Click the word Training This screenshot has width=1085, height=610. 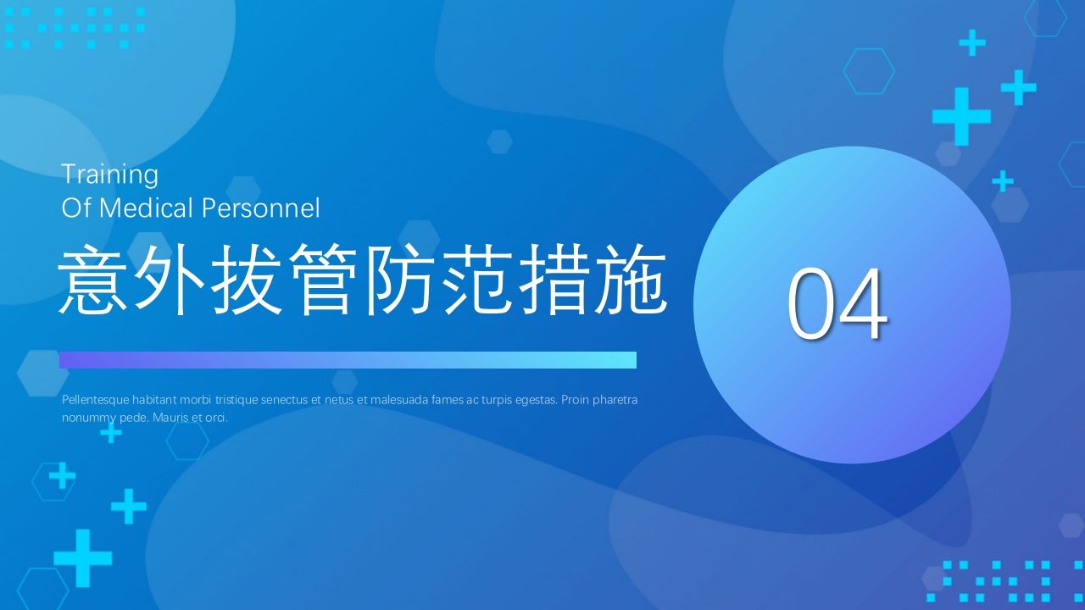(x=109, y=175)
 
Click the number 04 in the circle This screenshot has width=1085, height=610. (x=837, y=305)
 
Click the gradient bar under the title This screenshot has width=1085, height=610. (x=348, y=360)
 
